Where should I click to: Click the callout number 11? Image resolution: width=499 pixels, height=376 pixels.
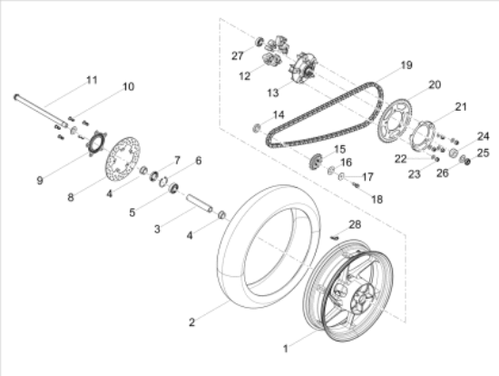click(92, 80)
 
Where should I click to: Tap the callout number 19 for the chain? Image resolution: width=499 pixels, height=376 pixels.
click(406, 65)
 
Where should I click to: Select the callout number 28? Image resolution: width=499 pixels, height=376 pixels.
click(355, 224)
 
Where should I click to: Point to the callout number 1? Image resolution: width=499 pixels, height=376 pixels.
click(286, 349)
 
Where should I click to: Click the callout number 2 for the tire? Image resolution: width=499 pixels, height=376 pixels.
click(191, 322)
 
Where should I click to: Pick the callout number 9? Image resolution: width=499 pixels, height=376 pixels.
click(39, 181)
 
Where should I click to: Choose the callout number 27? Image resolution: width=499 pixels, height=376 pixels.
click(238, 55)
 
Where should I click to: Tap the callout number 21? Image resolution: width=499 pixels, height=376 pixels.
click(460, 107)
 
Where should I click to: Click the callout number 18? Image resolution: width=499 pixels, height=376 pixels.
click(377, 200)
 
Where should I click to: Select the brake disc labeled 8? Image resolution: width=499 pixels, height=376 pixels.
click(122, 159)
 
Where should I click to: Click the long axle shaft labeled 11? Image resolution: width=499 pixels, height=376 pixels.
click(41, 110)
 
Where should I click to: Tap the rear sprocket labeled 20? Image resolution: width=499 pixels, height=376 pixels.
click(394, 124)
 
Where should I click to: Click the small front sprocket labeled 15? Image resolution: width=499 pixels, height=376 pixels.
click(316, 161)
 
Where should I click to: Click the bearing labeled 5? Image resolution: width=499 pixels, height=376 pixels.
click(173, 188)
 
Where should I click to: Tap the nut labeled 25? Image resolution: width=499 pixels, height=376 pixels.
click(467, 162)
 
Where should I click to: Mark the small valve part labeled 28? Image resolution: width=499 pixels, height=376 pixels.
click(334, 237)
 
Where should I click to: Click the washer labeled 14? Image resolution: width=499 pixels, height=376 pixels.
click(257, 128)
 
